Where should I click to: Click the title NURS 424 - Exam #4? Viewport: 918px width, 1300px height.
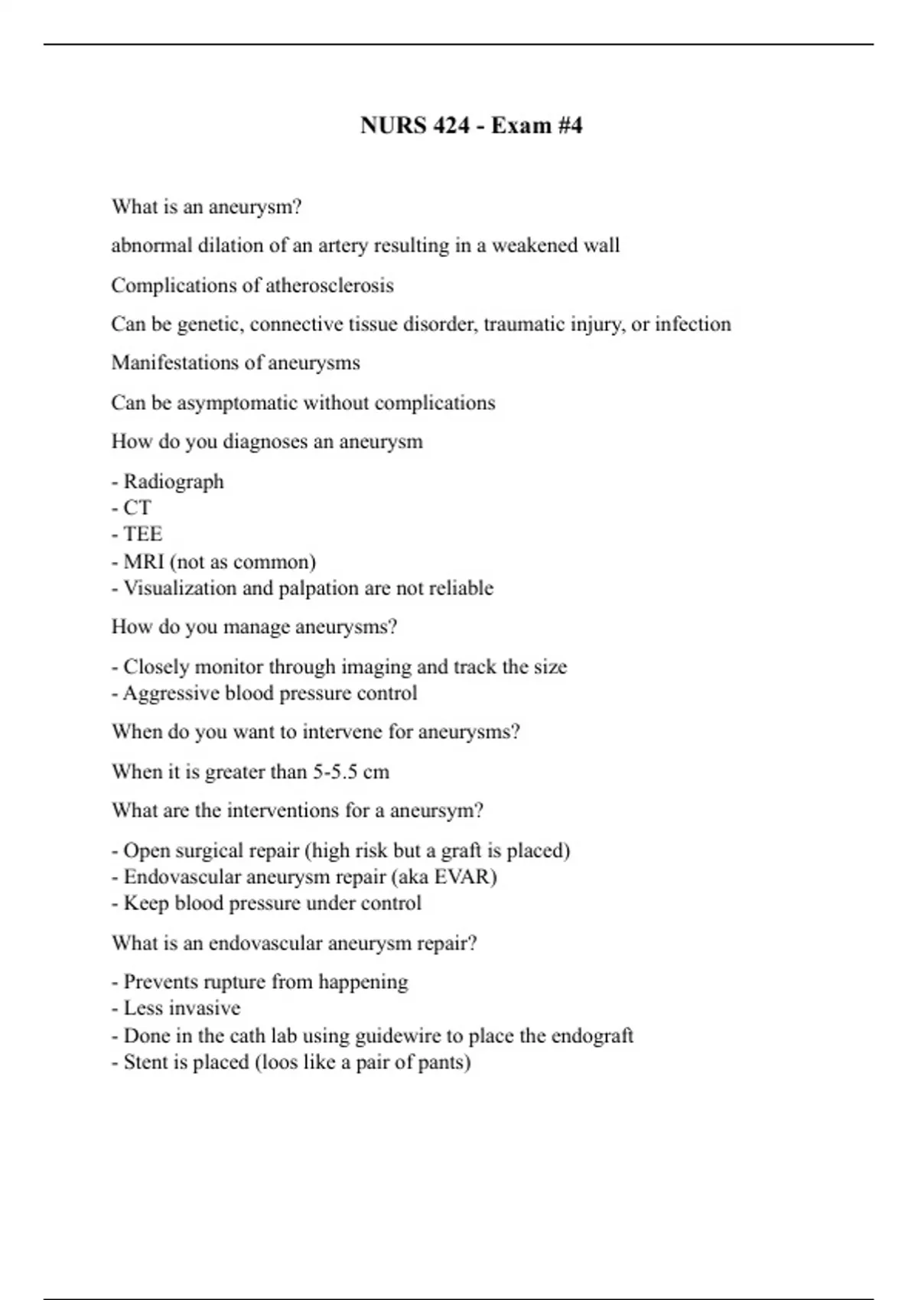coord(471,125)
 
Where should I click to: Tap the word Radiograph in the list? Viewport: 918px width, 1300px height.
coord(174,481)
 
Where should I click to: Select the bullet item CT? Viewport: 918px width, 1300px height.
coord(137,508)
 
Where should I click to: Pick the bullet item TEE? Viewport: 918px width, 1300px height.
coord(142,534)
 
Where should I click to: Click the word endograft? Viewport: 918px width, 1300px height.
coord(592,1035)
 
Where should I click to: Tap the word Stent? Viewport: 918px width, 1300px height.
coord(144,1062)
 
